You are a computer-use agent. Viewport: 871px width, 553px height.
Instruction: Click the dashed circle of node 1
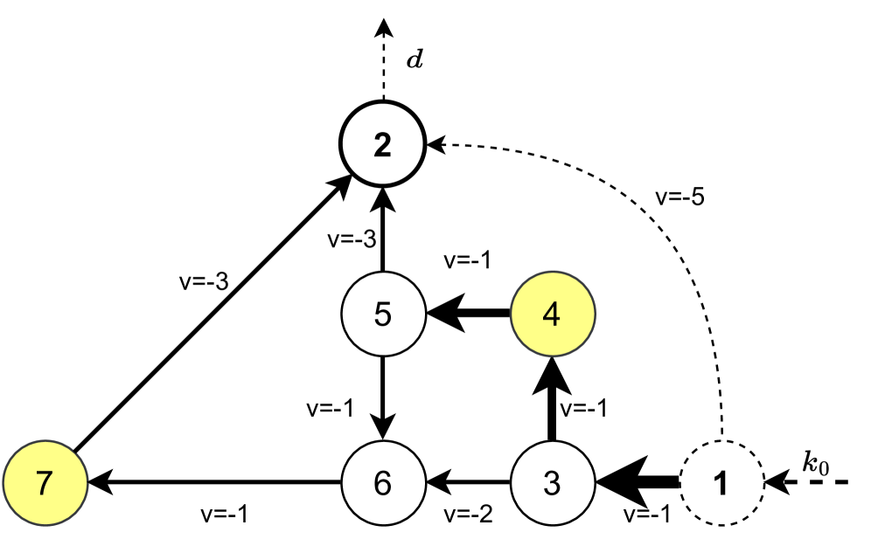(x=721, y=482)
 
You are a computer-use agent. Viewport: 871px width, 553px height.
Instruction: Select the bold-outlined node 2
(x=382, y=145)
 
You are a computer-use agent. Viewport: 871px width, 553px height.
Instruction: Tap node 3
(x=551, y=482)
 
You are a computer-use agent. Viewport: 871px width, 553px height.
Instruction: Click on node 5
(x=382, y=315)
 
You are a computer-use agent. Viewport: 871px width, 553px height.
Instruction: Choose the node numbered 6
(x=382, y=482)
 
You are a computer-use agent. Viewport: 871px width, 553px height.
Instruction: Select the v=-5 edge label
(x=680, y=196)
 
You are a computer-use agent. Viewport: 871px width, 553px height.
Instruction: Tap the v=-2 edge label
(x=468, y=514)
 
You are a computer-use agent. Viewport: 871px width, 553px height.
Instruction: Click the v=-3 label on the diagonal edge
(x=202, y=281)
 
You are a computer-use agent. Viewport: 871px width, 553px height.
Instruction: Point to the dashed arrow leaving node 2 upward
(x=382, y=61)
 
